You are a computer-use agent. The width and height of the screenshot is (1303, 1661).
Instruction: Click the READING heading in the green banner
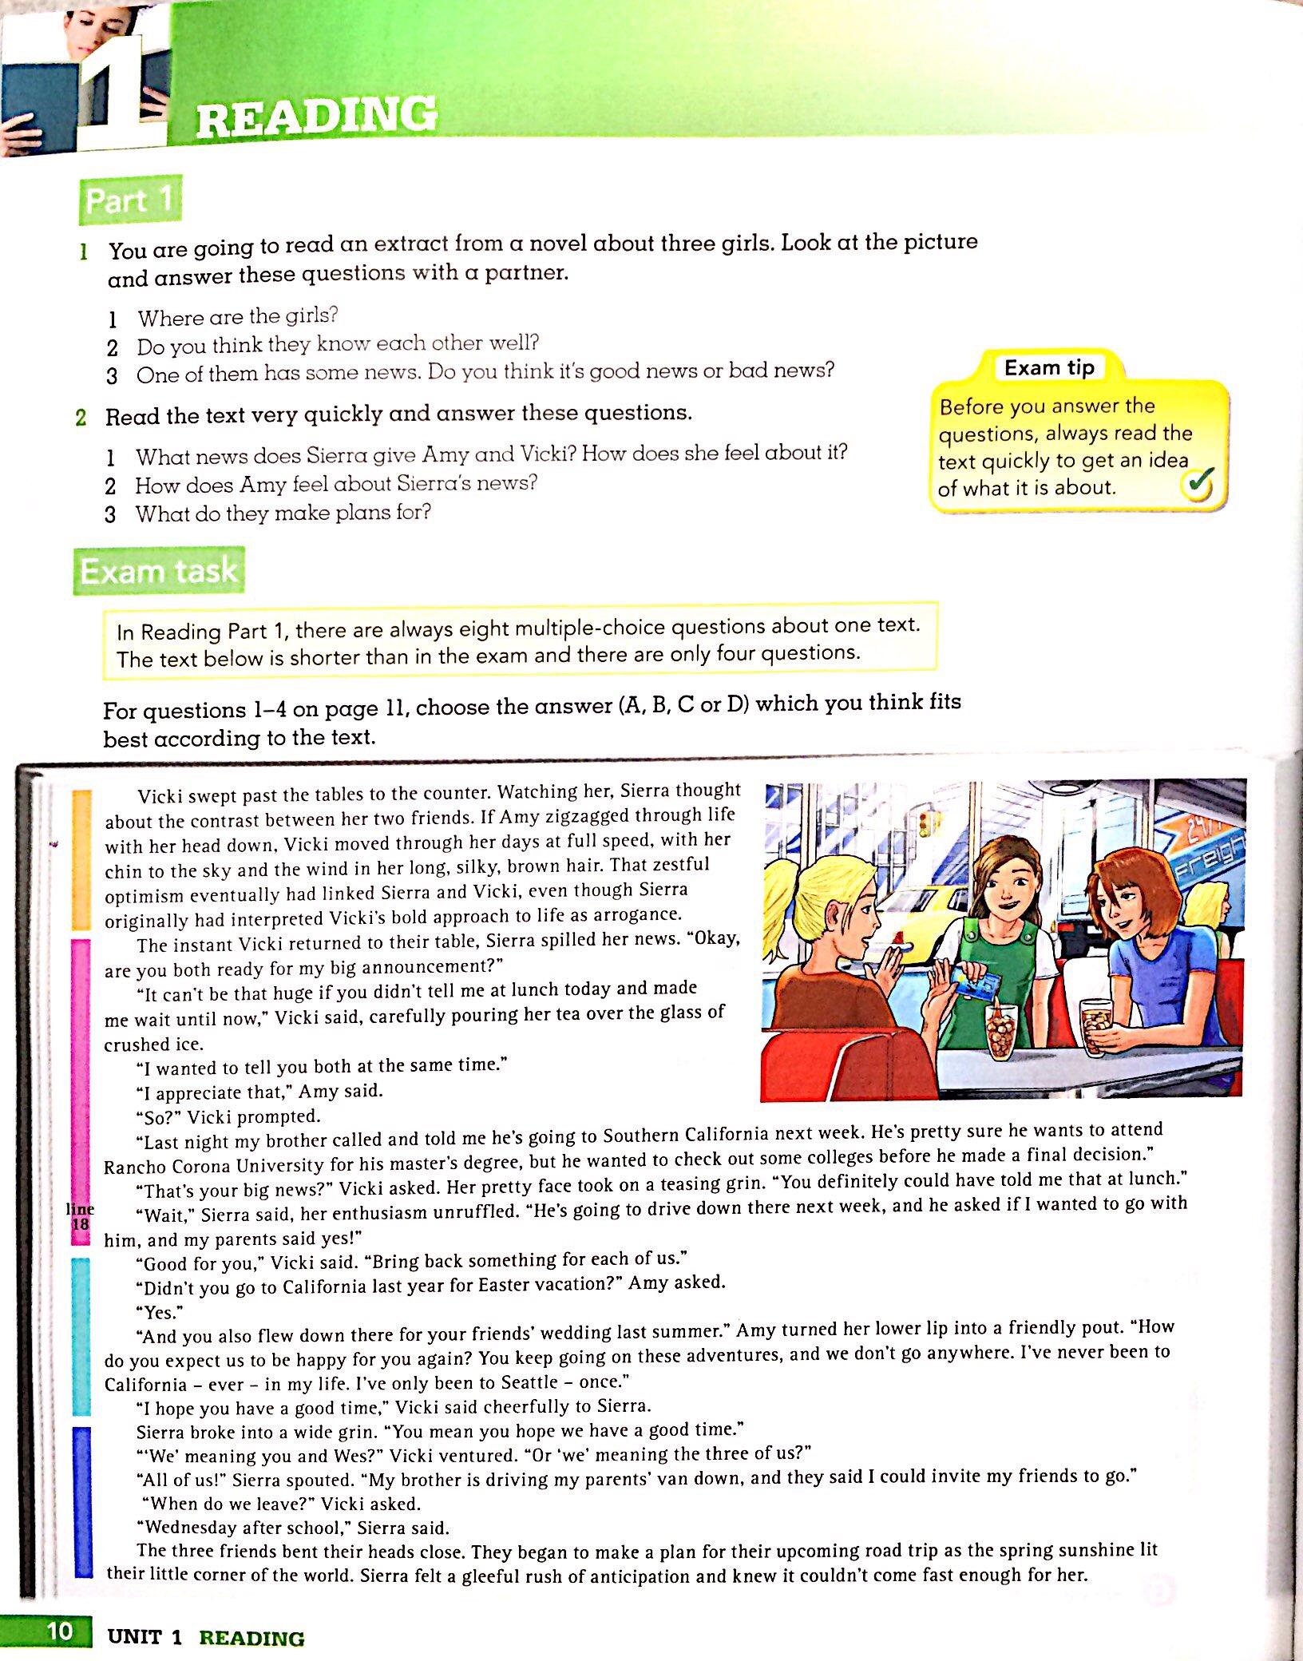pos(316,117)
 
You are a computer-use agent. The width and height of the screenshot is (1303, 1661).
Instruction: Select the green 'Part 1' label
pos(130,200)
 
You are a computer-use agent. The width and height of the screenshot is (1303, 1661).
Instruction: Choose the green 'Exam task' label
pos(159,571)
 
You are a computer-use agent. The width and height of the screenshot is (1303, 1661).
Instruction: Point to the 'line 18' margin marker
pos(80,1216)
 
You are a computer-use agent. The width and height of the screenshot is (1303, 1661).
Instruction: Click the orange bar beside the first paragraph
pos(81,859)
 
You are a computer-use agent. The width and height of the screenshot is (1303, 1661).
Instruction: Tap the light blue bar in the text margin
pos(81,1335)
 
